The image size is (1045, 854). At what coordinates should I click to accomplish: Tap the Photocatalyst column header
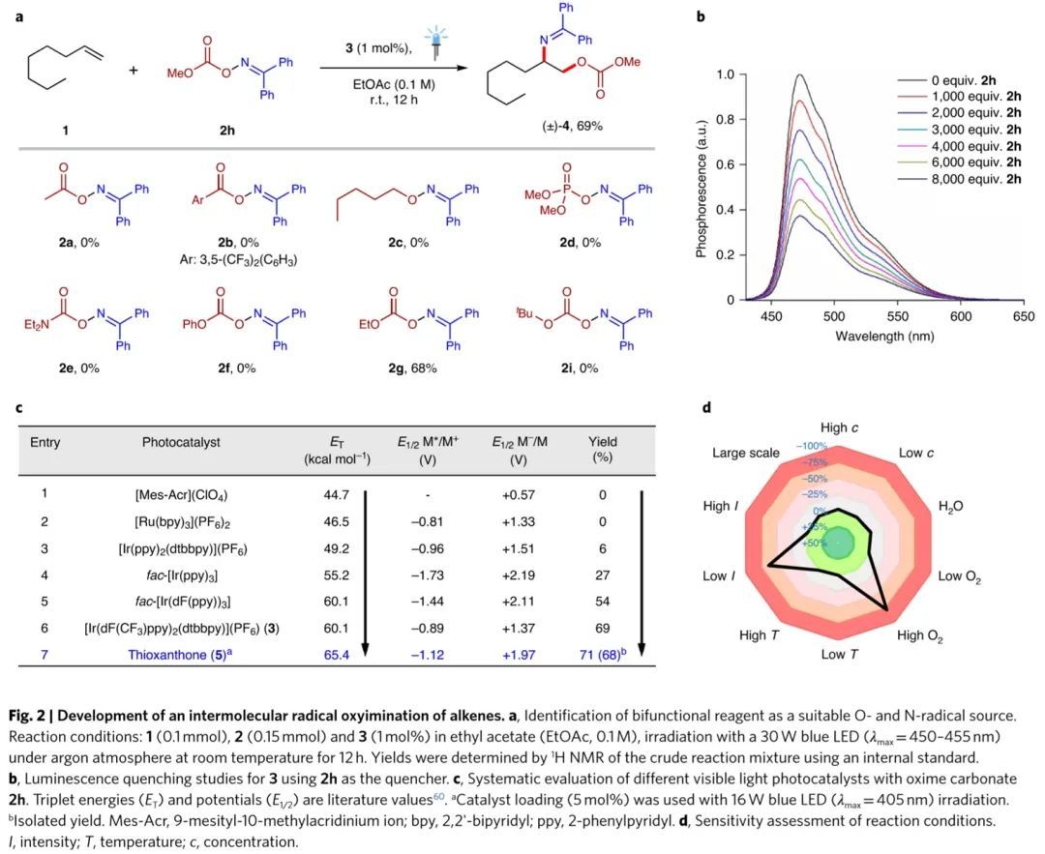click(x=181, y=442)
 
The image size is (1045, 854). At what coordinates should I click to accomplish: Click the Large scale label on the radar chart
click(x=745, y=453)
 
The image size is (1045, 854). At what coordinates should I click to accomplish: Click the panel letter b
click(x=702, y=15)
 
